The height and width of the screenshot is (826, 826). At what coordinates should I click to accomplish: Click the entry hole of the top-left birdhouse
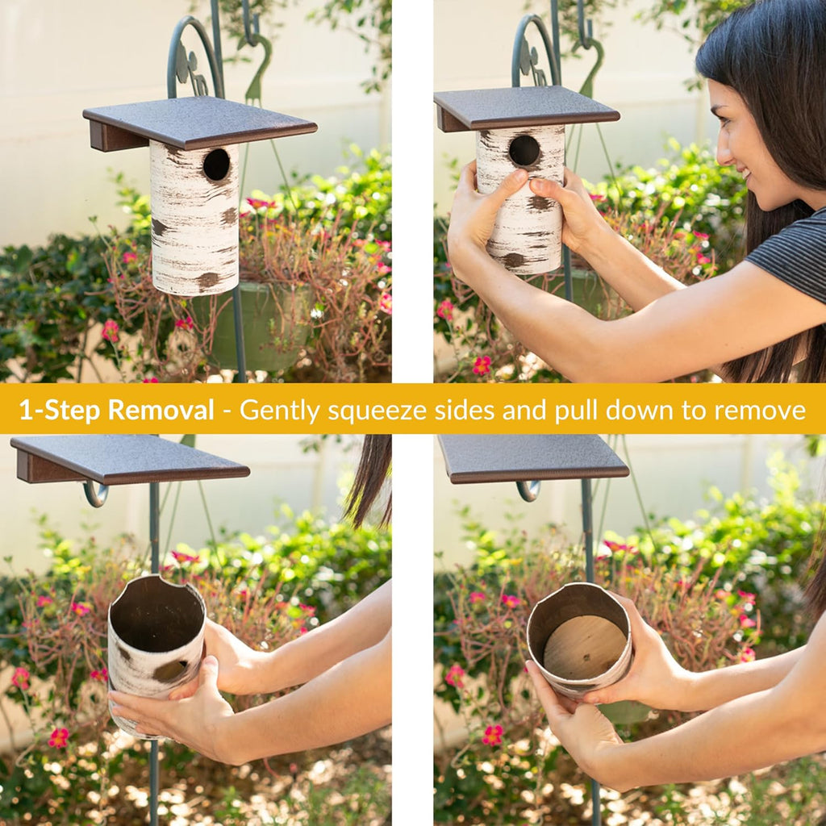point(216,165)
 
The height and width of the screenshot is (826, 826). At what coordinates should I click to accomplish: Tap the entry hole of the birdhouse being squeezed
point(524,151)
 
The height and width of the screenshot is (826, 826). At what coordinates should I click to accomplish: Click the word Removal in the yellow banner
point(161,410)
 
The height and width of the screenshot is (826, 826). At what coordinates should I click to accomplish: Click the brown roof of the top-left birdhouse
point(200,123)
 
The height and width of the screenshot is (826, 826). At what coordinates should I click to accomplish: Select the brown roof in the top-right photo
point(526,109)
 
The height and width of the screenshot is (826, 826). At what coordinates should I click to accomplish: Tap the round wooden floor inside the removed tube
point(584,648)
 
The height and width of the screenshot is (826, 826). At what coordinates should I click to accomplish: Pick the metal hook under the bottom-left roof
point(95,494)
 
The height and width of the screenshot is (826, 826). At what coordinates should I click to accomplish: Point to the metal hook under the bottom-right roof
point(528,490)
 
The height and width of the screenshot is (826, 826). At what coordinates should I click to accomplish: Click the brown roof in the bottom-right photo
point(533,458)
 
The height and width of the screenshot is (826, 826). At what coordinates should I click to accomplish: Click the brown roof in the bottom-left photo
point(129,459)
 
